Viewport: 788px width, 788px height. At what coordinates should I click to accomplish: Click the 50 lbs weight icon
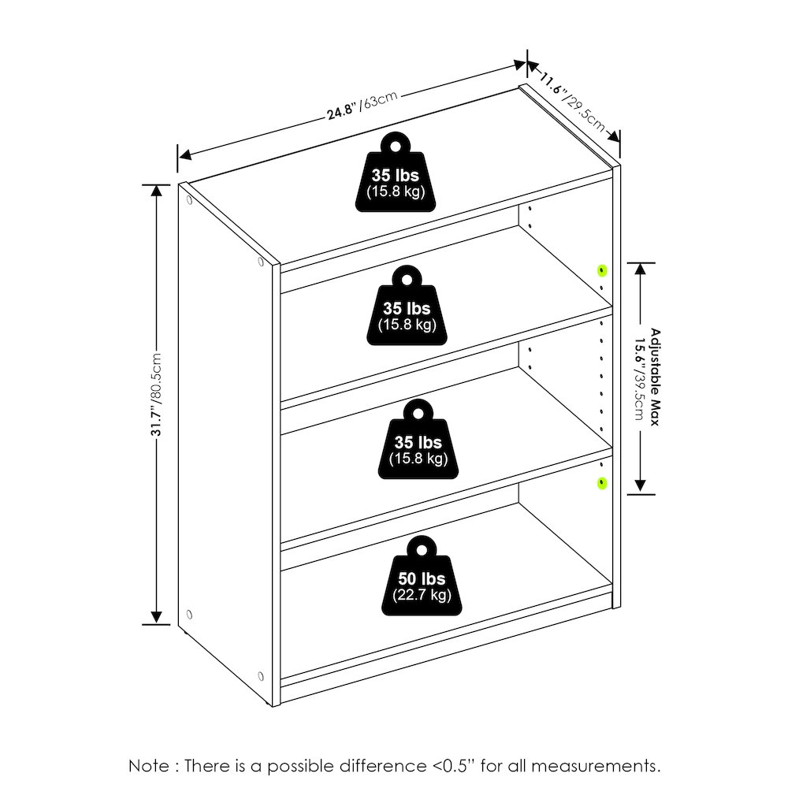[x=422, y=576]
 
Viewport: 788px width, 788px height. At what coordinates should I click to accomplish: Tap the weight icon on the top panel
[x=396, y=172]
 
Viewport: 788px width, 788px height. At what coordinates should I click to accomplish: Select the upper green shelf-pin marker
[x=601, y=271]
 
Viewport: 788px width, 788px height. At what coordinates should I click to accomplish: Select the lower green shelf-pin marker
[x=601, y=484]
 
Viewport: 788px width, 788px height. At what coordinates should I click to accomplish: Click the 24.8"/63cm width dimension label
[x=362, y=106]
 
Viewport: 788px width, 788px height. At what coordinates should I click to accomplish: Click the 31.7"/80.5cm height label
[x=157, y=395]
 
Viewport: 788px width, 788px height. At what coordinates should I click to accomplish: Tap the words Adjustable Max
[x=655, y=377]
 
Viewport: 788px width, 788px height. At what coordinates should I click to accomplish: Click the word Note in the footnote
[x=149, y=766]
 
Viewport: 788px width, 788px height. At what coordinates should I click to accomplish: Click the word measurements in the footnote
[x=596, y=766]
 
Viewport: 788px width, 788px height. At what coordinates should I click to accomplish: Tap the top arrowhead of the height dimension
[x=157, y=191]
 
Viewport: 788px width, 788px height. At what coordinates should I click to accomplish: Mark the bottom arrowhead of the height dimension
[x=157, y=618]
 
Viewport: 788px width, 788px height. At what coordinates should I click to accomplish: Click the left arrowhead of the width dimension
[x=185, y=154]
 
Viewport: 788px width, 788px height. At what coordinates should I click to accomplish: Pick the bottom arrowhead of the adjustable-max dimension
[x=640, y=485]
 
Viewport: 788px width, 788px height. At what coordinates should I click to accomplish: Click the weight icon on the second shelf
[x=407, y=306]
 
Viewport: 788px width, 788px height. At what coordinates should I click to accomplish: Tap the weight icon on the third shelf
[x=418, y=439]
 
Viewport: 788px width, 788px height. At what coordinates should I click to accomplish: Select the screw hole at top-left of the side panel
[x=189, y=200]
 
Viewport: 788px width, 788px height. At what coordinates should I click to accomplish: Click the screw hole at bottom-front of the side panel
[x=260, y=675]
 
